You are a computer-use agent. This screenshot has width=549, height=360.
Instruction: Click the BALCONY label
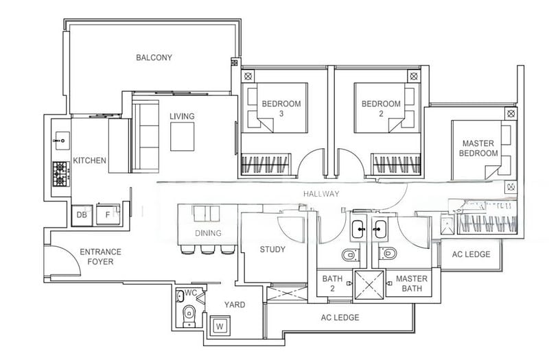click(154, 58)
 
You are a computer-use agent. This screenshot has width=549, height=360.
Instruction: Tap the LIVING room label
click(182, 117)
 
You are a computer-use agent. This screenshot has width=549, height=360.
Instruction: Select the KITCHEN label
click(90, 161)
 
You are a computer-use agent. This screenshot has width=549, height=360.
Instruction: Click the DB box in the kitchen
click(82, 215)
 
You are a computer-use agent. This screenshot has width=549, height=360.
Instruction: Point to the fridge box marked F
click(107, 215)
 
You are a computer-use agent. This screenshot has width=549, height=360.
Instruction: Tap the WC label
click(191, 293)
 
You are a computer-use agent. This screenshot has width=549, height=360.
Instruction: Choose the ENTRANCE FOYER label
click(100, 256)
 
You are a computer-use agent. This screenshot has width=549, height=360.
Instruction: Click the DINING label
click(208, 233)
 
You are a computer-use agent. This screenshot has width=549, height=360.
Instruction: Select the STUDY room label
click(272, 250)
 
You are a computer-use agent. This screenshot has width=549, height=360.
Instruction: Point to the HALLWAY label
click(322, 194)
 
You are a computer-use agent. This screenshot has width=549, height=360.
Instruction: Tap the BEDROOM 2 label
click(381, 109)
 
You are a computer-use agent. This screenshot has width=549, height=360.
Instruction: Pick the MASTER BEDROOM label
click(478, 148)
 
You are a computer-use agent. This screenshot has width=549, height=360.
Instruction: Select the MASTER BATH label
click(412, 284)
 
